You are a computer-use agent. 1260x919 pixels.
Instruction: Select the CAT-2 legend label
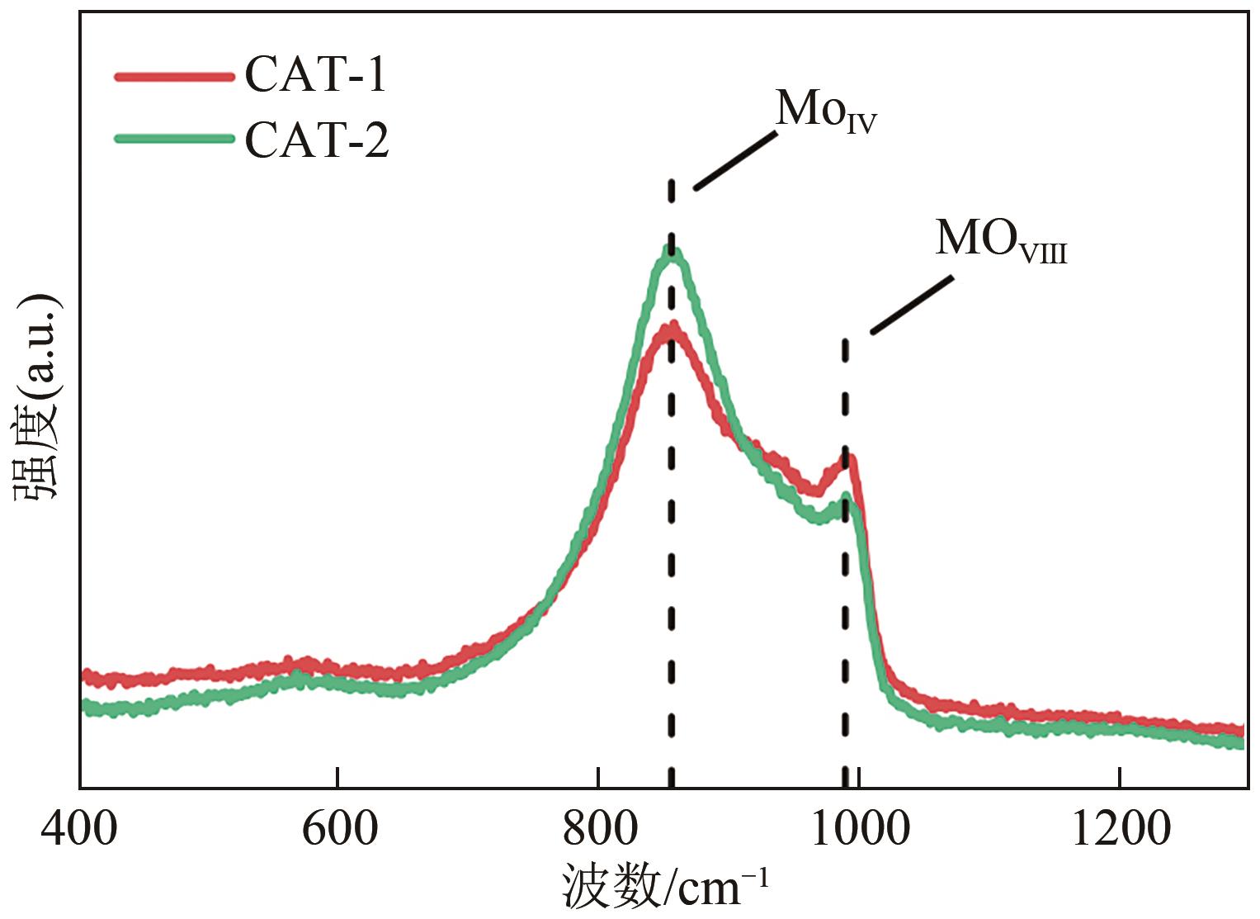pos(317,140)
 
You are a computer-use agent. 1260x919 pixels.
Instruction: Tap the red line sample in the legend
pos(175,77)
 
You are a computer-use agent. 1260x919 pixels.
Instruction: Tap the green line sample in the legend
pos(175,139)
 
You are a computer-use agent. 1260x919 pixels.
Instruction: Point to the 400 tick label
pos(79,828)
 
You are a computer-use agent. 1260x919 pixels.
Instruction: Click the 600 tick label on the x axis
pos(339,828)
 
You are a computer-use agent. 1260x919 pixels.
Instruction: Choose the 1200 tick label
pos(1120,828)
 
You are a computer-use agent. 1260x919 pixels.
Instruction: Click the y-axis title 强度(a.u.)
pos(38,396)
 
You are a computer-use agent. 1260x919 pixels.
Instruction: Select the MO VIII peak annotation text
pos(1000,240)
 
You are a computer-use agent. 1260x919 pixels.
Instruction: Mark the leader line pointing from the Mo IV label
pos(735,159)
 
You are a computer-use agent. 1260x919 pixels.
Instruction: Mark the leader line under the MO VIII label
pos(913,305)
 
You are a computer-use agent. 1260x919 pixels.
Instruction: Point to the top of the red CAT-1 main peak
pos(672,328)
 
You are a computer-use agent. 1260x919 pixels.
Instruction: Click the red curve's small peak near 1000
pos(849,458)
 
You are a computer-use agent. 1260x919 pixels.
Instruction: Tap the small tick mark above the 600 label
pos(338,778)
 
